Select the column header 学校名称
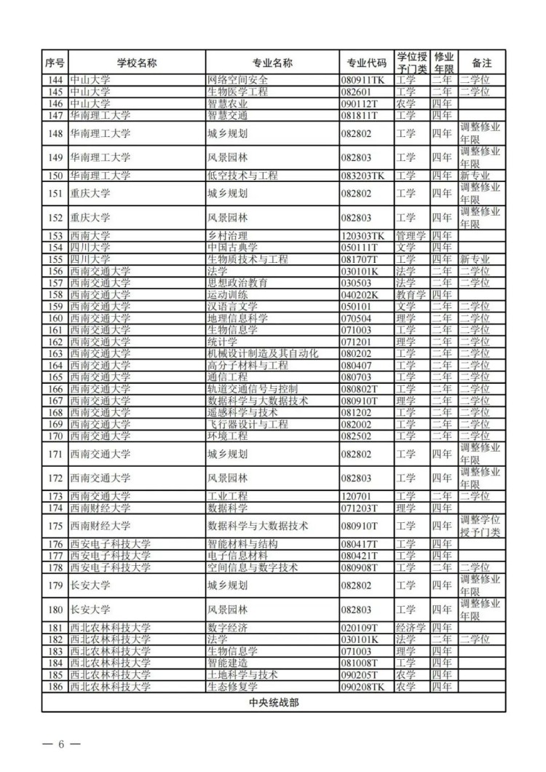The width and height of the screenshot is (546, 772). coord(137,63)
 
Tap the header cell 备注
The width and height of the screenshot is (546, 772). coord(482,63)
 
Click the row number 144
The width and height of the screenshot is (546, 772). coord(55,80)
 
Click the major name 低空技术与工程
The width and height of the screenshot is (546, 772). coord(242,176)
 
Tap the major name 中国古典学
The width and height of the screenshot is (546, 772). coord(232,248)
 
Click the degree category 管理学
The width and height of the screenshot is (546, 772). coord(411,235)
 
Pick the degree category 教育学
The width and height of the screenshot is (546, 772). coord(411,295)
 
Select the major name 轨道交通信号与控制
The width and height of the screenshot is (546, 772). coord(253,390)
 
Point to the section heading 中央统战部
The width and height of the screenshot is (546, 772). coord(274,703)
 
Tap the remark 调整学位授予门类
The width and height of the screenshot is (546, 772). coord(482,526)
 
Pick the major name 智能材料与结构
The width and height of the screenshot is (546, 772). coord(242,544)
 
